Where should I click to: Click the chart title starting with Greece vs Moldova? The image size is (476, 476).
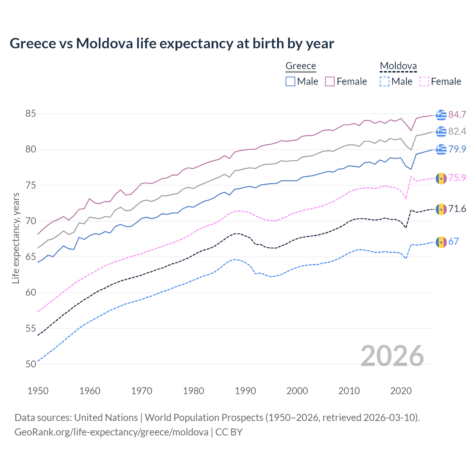172,44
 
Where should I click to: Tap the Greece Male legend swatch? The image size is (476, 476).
290,81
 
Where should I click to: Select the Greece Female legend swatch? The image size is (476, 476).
330,81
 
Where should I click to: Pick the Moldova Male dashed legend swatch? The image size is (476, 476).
385,81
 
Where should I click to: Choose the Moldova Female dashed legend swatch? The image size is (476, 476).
424,81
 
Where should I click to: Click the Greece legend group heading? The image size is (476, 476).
300,66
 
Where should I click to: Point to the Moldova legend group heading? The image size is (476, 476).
398,66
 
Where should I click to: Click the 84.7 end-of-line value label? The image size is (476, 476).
457,115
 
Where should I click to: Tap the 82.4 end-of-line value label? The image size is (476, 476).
457,131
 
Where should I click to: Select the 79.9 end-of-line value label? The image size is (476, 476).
457,149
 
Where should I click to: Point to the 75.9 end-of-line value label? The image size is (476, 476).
457,178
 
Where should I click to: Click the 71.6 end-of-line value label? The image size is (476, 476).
457,209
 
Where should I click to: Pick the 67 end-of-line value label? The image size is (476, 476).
453,241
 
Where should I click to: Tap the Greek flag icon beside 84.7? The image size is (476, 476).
441,115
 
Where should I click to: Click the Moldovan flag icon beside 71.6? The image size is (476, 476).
441,209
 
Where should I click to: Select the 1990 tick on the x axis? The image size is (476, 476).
245,391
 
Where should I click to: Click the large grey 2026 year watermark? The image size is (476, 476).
392,356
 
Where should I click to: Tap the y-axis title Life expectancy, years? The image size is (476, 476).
16,238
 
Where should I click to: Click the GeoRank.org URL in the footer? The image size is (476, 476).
111,432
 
